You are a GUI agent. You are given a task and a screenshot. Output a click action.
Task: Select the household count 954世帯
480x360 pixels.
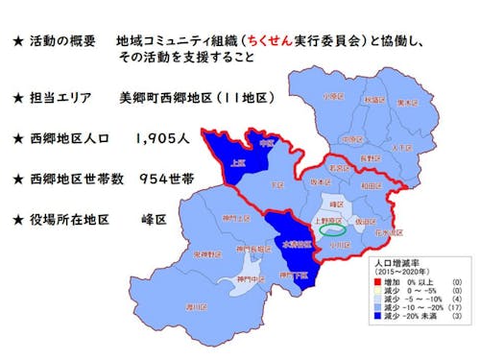tap(164, 179)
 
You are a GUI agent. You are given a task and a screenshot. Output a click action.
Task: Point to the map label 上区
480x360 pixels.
tap(237, 163)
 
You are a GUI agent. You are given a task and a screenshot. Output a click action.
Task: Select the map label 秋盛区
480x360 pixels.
tap(373, 99)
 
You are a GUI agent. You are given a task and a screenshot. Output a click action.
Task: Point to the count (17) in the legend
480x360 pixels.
tap(458, 306)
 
